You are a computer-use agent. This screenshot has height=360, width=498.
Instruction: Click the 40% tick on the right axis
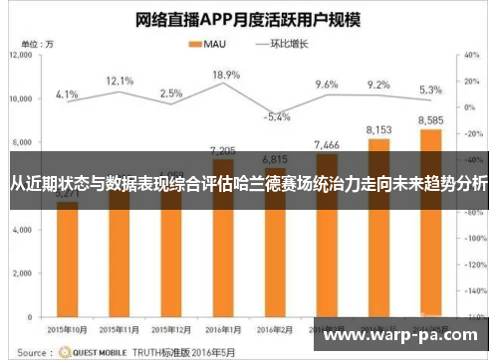point(473,56)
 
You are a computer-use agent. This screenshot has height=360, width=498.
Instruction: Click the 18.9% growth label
point(226,75)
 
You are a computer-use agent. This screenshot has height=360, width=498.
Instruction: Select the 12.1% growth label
point(120,80)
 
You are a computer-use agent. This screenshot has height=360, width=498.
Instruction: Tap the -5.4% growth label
point(277,116)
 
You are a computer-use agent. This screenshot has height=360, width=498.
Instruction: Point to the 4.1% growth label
point(67,94)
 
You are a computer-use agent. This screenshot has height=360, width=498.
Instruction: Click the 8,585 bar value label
point(431,120)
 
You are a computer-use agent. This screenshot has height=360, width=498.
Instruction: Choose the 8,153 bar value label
point(378,129)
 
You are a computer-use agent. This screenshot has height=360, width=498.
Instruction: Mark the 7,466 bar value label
point(327,145)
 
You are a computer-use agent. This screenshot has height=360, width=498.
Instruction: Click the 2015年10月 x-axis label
point(67,327)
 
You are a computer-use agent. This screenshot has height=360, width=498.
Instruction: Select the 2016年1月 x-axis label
point(225,327)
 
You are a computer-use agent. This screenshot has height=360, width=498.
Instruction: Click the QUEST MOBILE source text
point(96,351)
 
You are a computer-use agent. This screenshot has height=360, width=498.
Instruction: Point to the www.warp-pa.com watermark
point(403,336)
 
